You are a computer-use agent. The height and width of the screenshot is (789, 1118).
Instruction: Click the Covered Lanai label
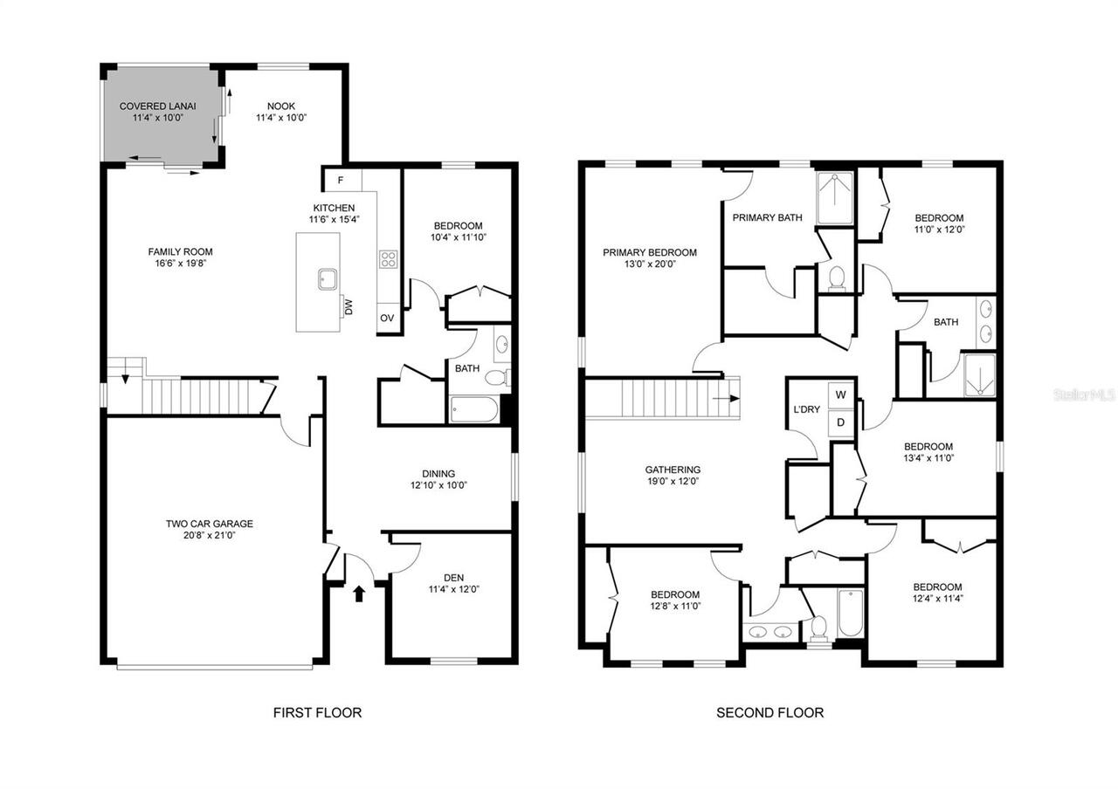coord(157,106)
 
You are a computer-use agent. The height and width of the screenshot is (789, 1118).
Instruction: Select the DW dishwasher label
coord(348,306)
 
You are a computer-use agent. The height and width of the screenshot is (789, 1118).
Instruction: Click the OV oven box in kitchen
coord(386,318)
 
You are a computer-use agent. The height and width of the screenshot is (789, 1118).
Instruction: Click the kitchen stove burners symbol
coord(389,258)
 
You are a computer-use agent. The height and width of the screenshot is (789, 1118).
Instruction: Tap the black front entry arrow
coord(358,593)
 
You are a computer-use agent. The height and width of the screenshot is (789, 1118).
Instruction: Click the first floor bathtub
coord(473,409)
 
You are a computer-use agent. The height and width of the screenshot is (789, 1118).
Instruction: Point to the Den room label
coord(453,577)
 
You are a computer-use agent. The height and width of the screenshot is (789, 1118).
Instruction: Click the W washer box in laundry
coord(840,394)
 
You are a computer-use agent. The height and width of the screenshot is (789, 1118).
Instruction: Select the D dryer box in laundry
coord(840,422)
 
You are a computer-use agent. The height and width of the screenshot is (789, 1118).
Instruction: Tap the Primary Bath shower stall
coord(836,199)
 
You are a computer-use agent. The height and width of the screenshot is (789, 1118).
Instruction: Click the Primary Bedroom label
coord(650,252)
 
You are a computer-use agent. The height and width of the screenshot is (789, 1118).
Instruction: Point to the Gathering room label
coord(673,470)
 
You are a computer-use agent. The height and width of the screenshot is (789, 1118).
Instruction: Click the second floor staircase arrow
coord(726,398)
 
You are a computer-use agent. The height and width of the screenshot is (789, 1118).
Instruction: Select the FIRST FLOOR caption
coord(317,712)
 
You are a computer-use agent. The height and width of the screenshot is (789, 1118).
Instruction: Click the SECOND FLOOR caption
coord(769,712)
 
